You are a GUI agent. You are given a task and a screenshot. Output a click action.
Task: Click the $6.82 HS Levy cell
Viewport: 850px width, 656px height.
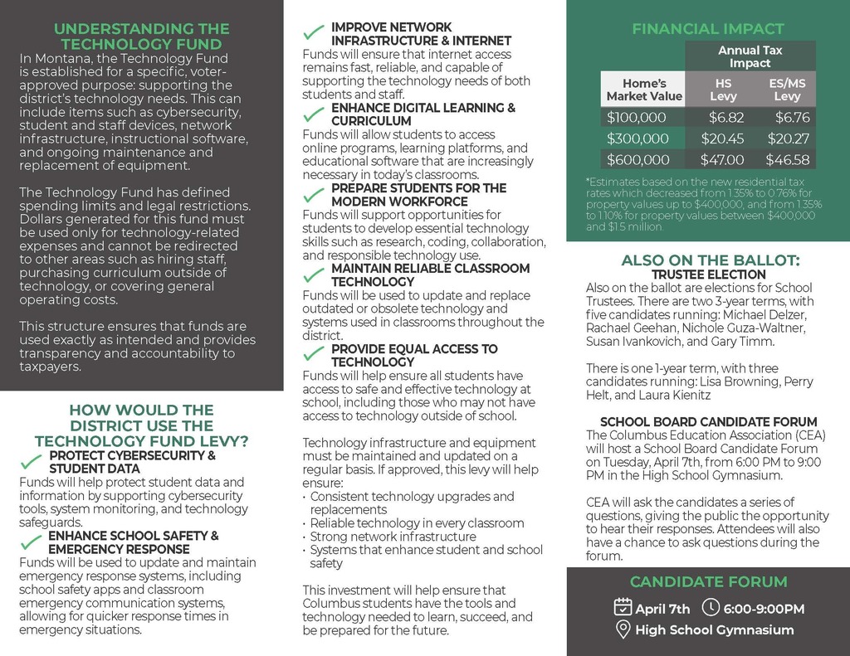726,118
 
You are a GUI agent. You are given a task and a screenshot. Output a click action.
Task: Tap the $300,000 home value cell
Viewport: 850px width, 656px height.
637,139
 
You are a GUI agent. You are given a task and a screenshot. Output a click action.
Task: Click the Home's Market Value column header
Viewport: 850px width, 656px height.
644,90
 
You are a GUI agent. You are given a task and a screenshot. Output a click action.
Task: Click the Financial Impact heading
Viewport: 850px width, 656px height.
708,29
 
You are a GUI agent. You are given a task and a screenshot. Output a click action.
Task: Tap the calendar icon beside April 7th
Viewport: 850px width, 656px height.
623,608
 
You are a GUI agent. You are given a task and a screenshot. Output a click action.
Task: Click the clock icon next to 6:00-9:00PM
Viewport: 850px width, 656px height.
711,608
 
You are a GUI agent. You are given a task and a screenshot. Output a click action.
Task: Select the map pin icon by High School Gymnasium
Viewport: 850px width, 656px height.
623,629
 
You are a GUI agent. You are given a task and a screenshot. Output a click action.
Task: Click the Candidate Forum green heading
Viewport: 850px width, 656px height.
708,581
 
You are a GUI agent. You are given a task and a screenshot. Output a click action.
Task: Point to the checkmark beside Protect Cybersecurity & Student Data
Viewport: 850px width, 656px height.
32,462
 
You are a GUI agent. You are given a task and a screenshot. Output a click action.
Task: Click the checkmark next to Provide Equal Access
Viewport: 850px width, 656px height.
314,354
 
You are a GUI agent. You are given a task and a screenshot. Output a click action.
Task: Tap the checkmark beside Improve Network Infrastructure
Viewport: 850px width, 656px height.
314,33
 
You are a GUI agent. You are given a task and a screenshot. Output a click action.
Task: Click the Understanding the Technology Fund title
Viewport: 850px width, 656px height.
141,36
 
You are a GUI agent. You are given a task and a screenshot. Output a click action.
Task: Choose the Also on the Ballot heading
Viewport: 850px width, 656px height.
710,260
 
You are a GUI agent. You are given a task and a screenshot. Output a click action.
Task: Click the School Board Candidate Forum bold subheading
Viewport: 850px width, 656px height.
708,421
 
